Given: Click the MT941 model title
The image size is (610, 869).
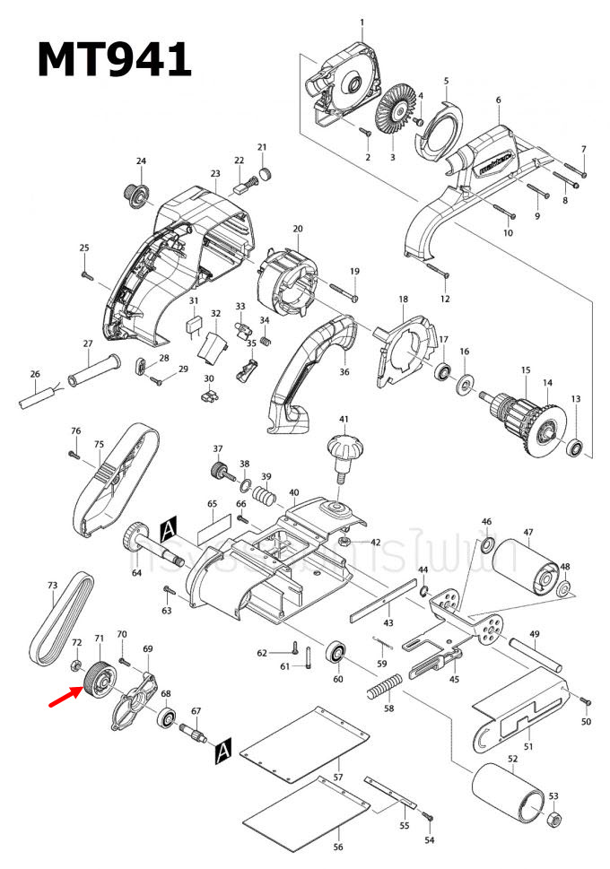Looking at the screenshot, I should (x=113, y=59).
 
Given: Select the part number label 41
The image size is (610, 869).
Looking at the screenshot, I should (x=343, y=420).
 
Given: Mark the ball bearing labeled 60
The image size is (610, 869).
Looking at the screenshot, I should (x=338, y=651).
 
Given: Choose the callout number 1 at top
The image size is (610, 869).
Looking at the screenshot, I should (x=362, y=22).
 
